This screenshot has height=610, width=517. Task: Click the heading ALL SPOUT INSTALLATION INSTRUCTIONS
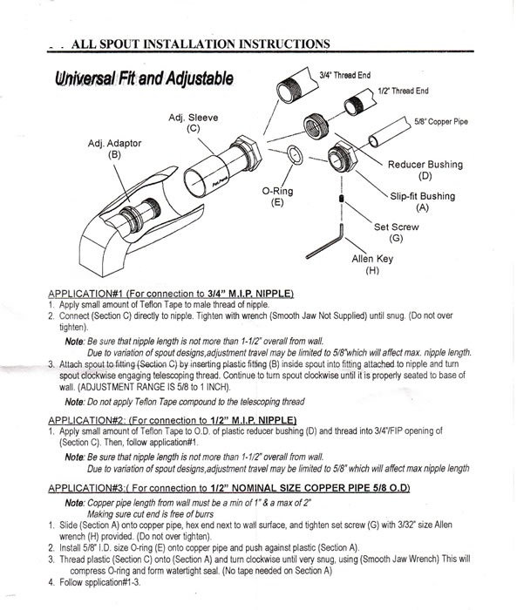(200, 43)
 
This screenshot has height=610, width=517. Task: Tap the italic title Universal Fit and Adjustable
(143, 79)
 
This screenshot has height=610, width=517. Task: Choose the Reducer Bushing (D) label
(425, 170)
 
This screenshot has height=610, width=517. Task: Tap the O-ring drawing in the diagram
(296, 156)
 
